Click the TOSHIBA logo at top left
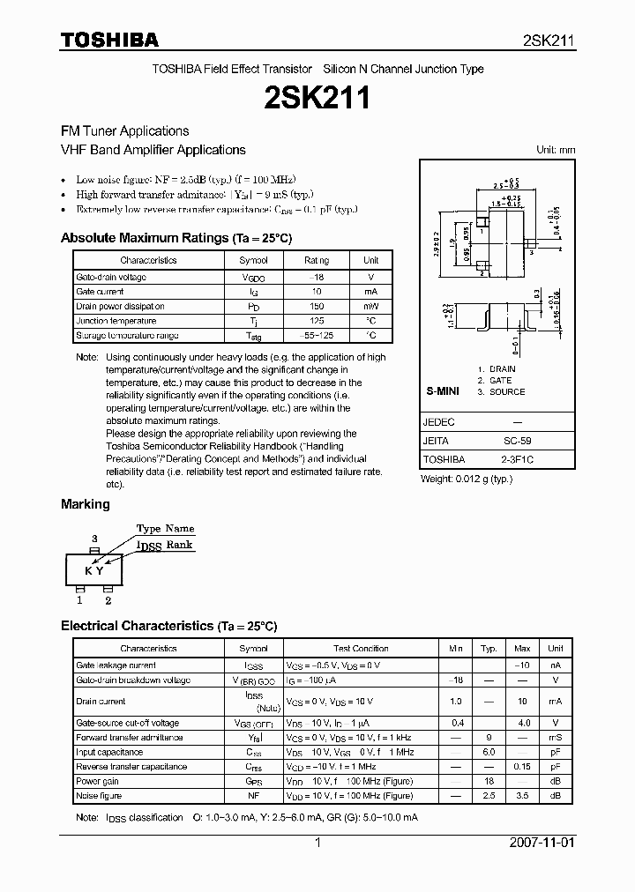(109, 40)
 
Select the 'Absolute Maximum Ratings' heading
(176, 238)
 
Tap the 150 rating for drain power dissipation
(316, 306)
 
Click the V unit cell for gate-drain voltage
(370, 277)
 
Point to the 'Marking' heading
(86, 504)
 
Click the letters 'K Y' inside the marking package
(94, 570)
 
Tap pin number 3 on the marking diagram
(94, 537)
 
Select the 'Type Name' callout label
(165, 528)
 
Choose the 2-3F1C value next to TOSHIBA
(518, 459)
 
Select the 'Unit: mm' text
(556, 150)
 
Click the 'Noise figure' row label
(99, 795)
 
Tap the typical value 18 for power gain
(489, 781)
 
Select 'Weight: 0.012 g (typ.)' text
(466, 478)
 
